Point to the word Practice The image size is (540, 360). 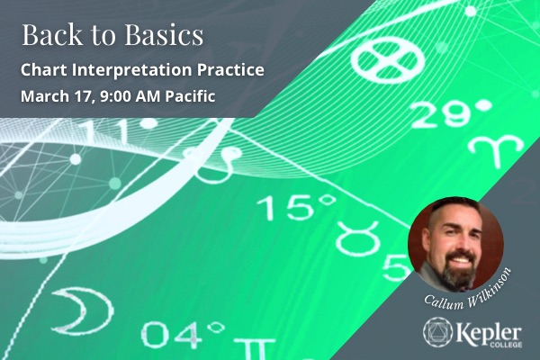pos(236,70)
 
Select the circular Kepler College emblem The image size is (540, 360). pos(438,330)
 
